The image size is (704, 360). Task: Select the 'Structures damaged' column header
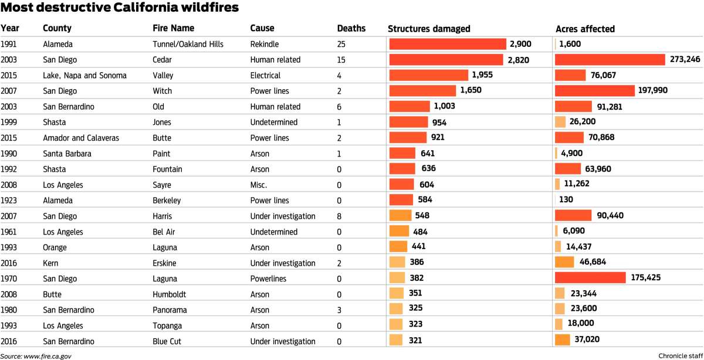tap(429, 29)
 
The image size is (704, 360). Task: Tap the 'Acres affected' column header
tap(585, 29)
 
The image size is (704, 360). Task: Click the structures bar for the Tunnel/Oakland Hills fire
tap(448, 44)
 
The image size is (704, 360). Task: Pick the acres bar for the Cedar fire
tap(610, 60)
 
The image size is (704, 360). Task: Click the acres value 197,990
tap(654, 91)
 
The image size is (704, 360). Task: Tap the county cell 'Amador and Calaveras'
tap(81, 138)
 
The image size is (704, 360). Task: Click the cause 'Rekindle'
tap(265, 44)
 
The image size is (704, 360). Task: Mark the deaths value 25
tap(342, 44)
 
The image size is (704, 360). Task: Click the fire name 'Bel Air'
tap(165, 232)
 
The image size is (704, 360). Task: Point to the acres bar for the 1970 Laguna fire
tap(590, 279)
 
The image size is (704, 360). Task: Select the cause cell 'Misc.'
tap(259, 185)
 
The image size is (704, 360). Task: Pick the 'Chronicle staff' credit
tap(679, 355)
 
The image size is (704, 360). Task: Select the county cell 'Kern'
tap(51, 263)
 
